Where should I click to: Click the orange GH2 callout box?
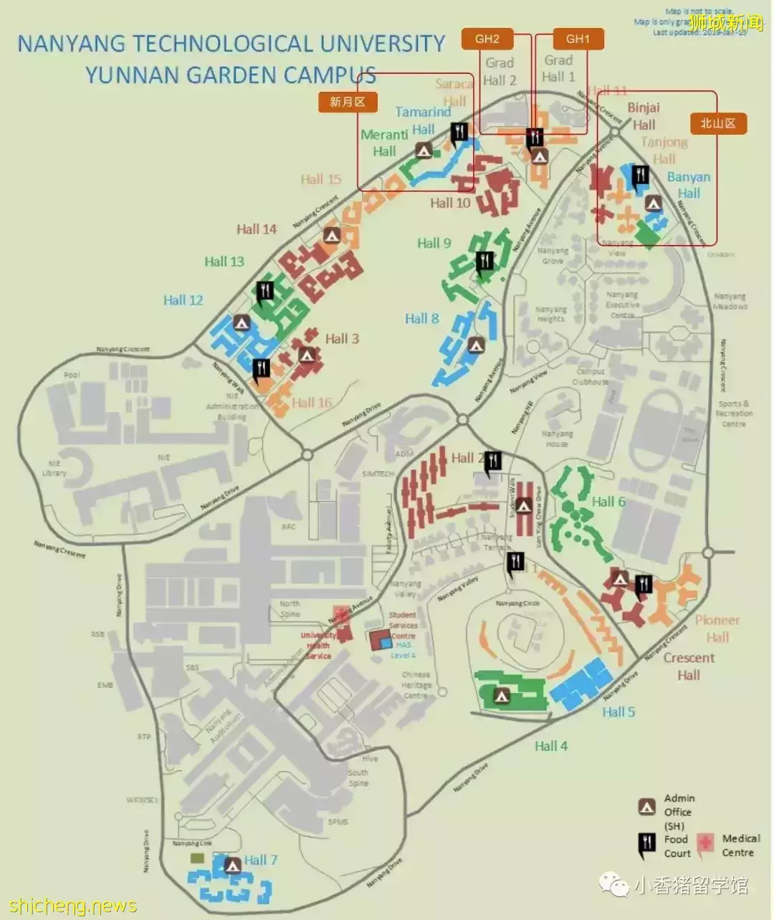click(487, 39)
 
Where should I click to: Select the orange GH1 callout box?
click(578, 39)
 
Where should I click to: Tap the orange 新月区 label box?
click(348, 102)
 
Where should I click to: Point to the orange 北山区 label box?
click(718, 123)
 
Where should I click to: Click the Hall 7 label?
click(260, 860)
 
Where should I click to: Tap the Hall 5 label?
click(618, 711)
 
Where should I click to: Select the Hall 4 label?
click(551, 746)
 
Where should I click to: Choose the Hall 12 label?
click(183, 300)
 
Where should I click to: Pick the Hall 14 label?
click(257, 229)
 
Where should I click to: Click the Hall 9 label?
click(434, 243)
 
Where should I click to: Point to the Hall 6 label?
click(608, 502)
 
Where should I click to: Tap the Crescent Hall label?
click(689, 666)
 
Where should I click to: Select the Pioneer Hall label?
click(717, 628)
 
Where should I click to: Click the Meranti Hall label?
click(385, 143)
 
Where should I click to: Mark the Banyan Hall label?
click(689, 185)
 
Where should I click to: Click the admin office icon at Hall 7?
click(232, 866)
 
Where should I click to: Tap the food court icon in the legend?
click(647, 845)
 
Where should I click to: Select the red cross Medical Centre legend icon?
click(707, 843)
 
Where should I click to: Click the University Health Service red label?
click(318, 646)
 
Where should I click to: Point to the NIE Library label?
click(54, 468)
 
